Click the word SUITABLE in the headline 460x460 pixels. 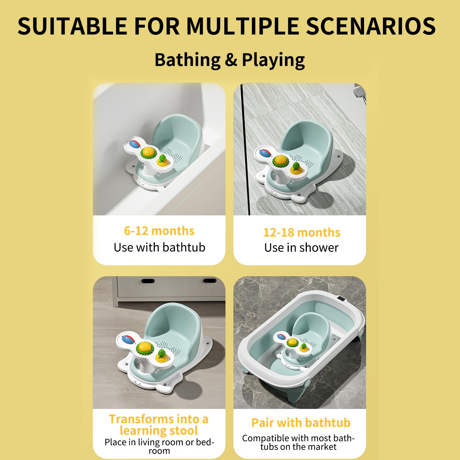click(x=72, y=26)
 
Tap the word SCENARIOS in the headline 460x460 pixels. click(x=371, y=26)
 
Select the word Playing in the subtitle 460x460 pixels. click(x=273, y=60)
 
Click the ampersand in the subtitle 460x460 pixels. click(x=231, y=60)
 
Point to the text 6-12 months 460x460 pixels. click(x=159, y=231)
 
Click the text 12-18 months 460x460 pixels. click(x=302, y=232)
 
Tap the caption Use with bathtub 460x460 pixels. click(x=159, y=247)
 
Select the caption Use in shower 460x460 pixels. click(x=301, y=247)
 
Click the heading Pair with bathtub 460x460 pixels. click(x=301, y=423)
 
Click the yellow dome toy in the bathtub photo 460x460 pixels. click(x=149, y=152)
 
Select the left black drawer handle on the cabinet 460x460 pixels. click(x=148, y=281)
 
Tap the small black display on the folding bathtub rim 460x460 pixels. click(x=341, y=299)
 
